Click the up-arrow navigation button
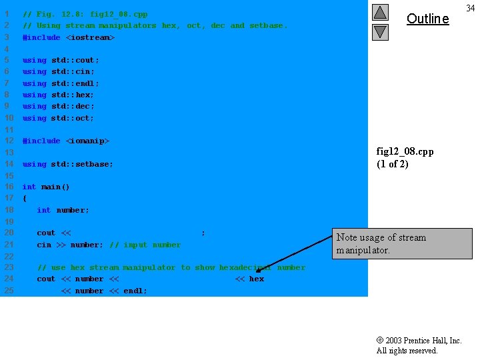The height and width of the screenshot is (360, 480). [x=380, y=12]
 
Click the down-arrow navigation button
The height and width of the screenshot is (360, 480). [x=380, y=31]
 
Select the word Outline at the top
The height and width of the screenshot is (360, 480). [x=427, y=19]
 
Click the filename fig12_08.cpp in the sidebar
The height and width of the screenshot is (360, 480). [x=405, y=151]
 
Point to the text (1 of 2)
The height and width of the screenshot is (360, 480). [x=392, y=164]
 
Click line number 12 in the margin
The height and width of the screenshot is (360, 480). [x=9, y=141]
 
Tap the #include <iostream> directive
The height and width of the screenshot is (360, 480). [x=68, y=37]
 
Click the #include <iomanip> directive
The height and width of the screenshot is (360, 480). [x=65, y=141]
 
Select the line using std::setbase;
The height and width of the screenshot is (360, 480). [x=67, y=164]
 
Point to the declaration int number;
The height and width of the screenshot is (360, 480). [x=63, y=210]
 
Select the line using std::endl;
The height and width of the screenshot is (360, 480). [x=61, y=83]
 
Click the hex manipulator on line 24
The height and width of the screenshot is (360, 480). [x=257, y=279]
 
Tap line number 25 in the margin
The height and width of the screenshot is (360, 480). [x=9, y=291]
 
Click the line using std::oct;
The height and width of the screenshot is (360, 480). [x=58, y=118]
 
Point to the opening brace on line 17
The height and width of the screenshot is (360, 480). [x=25, y=198]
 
